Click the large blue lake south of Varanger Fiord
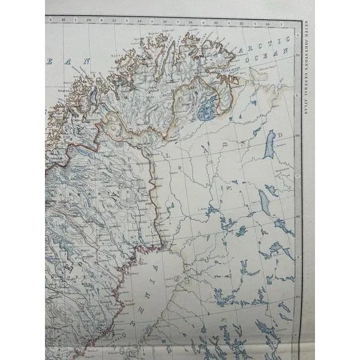point(208,109)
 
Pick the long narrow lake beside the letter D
point(270,145)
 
